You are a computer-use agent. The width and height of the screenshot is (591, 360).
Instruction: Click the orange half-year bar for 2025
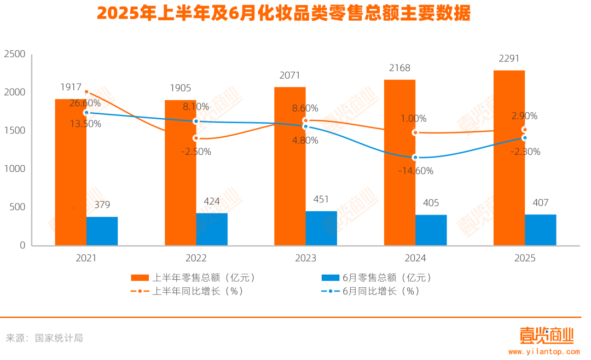[509, 159]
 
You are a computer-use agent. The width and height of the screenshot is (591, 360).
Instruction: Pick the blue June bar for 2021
[102, 231]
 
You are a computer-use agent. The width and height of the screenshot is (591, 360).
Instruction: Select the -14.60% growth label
[416, 171]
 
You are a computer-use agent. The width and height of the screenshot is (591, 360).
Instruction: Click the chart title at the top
[283, 14]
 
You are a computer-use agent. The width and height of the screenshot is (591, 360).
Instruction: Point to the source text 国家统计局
[59, 338]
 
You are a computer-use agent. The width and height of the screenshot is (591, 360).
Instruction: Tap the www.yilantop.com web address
[544, 351]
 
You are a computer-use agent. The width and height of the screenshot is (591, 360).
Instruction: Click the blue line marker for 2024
[415, 158]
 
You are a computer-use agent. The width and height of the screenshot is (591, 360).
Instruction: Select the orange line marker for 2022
[196, 138]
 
